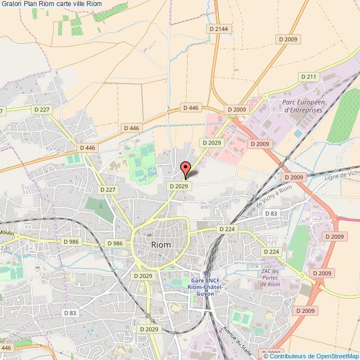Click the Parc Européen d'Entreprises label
(302, 106)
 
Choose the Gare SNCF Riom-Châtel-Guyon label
(205, 287)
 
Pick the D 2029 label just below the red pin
(180, 187)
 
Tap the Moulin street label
(7, 233)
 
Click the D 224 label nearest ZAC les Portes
(271, 252)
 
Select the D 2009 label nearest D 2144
(289, 39)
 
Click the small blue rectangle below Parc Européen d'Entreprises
(298, 133)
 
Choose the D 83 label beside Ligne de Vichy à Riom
(271, 213)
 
